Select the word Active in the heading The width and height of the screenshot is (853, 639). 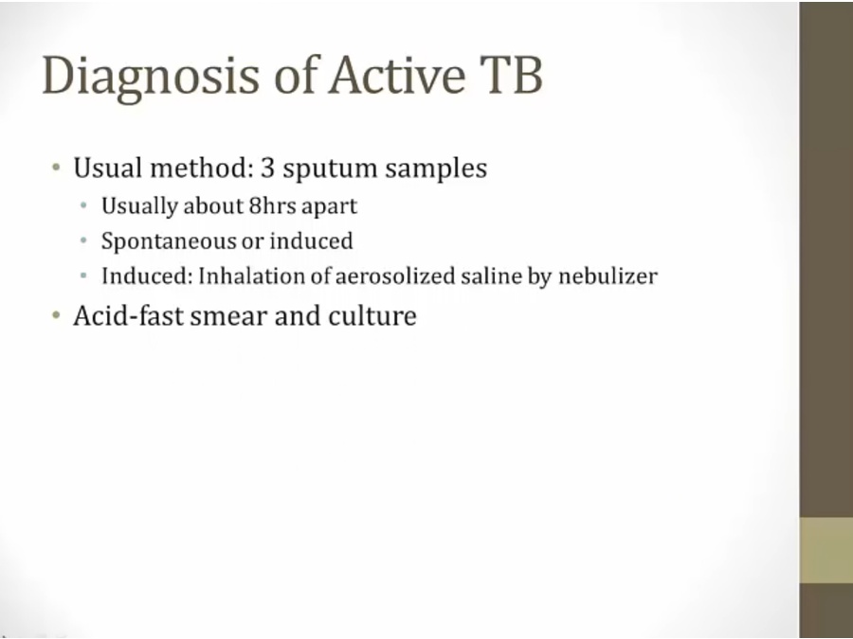(x=397, y=75)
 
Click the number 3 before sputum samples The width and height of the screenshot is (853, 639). (x=267, y=168)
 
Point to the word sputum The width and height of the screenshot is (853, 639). (x=330, y=170)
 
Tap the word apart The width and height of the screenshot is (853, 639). (x=329, y=207)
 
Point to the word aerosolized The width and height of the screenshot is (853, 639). (x=395, y=276)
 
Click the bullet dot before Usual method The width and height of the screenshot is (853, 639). (x=56, y=168)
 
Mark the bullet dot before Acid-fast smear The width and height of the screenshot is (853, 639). (x=56, y=315)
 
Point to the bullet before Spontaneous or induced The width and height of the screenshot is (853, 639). (x=83, y=240)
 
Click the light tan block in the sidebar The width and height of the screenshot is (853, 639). (x=826, y=551)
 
